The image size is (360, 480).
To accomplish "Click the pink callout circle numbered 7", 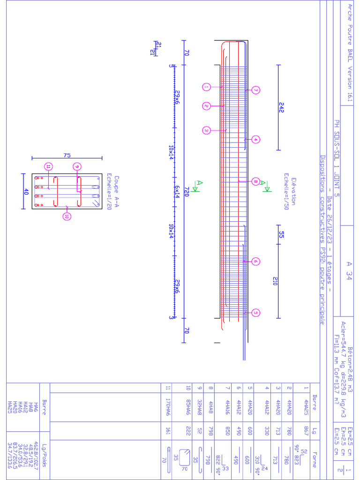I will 255,90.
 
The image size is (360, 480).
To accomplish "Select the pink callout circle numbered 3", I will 206,130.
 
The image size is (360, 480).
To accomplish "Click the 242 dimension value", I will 281,107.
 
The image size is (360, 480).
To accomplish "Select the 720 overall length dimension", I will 186,193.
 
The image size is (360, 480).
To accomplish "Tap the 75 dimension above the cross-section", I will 66,154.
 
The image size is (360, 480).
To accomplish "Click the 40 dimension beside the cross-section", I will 26,191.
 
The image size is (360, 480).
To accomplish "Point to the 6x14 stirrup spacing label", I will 177,192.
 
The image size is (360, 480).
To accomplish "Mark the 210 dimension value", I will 276,281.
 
